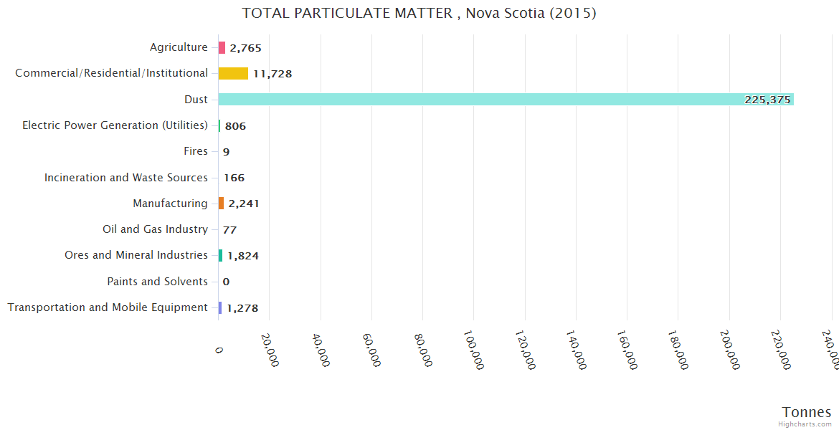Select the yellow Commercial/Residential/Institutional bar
point(233,73)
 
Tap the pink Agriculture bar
point(222,48)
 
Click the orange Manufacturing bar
point(221,204)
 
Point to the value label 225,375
point(767,100)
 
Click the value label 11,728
point(272,74)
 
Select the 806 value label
point(235,126)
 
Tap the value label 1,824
point(243,256)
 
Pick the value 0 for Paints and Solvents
point(226,282)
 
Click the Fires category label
point(196,151)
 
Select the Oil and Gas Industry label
point(155,229)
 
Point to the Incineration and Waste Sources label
point(126,177)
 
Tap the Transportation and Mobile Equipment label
point(108,307)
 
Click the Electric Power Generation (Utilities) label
point(115,125)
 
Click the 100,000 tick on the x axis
point(473,350)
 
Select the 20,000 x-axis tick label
point(269,350)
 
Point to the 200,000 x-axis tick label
point(729,350)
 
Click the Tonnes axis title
point(806,412)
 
